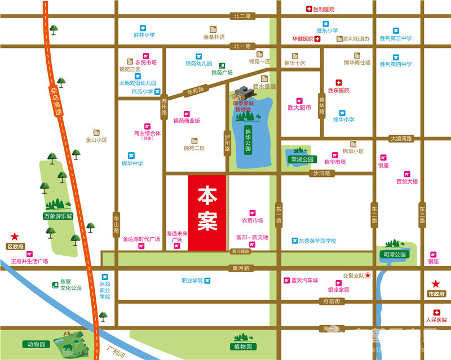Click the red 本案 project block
click(x=207, y=212)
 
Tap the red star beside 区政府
click(x=14, y=237)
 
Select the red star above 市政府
click(x=435, y=284)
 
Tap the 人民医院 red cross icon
click(x=436, y=313)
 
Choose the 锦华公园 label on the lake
click(x=247, y=137)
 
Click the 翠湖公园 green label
click(x=301, y=159)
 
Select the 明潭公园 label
click(x=395, y=254)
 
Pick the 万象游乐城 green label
click(x=58, y=216)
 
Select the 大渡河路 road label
click(x=401, y=138)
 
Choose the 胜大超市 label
click(x=299, y=107)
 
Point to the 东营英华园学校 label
click(x=317, y=241)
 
